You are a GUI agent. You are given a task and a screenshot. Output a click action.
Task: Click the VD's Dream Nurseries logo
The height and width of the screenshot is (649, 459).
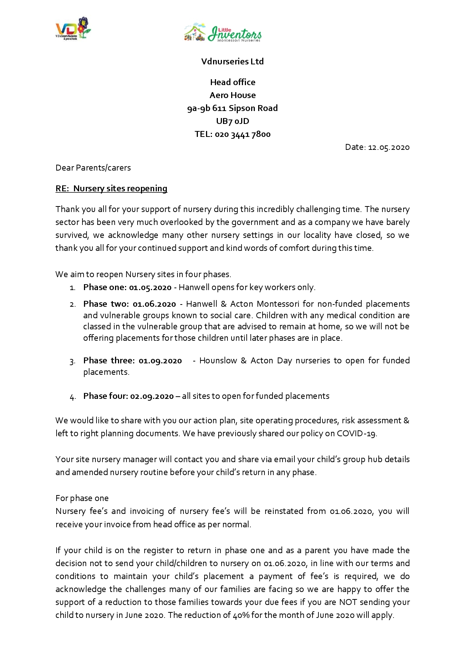click(x=73, y=28)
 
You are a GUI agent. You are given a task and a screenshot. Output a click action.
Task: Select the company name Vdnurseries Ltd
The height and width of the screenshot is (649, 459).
click(x=232, y=61)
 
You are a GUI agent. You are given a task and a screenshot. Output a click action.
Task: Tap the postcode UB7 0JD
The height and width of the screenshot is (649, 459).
click(x=232, y=121)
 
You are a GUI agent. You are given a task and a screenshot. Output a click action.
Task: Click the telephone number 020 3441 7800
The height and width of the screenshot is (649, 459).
click(x=242, y=134)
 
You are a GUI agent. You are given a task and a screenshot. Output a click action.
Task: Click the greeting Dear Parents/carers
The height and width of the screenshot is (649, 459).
click(x=93, y=168)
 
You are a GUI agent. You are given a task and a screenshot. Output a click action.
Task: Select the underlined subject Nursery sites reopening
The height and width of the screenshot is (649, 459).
click(x=120, y=189)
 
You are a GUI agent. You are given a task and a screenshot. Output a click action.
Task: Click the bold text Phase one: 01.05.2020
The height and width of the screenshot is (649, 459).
click(x=127, y=287)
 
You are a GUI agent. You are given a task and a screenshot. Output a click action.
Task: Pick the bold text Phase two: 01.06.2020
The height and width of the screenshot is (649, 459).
click(x=129, y=304)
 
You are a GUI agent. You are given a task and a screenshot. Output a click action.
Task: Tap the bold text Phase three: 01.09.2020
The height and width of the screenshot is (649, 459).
click(x=132, y=361)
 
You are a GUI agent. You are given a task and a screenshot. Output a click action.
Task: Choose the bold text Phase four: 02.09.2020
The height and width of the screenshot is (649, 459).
click(x=128, y=396)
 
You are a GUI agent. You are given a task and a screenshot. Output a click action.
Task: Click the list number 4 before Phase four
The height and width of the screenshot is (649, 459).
click(x=72, y=397)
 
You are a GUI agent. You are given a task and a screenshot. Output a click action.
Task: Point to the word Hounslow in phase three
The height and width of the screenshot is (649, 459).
click(x=218, y=361)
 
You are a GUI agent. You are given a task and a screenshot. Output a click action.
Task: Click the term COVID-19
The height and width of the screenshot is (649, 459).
click(x=356, y=434)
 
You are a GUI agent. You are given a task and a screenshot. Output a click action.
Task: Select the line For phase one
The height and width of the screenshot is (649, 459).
click(x=82, y=498)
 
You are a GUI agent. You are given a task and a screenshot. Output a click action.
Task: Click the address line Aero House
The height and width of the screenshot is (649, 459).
click(x=232, y=95)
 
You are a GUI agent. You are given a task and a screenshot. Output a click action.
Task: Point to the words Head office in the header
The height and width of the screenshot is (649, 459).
click(x=232, y=82)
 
